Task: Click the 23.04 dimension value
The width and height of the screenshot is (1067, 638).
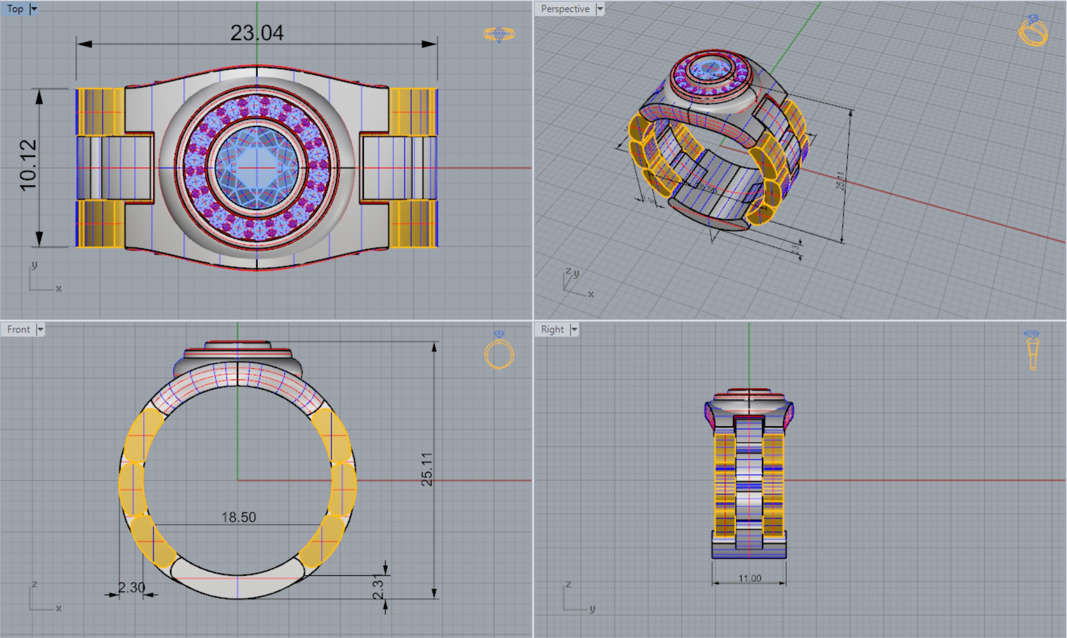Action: (x=257, y=33)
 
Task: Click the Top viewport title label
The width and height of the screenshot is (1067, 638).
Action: (x=15, y=9)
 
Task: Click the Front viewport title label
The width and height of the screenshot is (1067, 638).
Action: (x=19, y=329)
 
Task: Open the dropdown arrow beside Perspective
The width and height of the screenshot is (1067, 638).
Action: (x=600, y=9)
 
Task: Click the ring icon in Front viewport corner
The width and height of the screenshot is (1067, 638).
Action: (x=499, y=350)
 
